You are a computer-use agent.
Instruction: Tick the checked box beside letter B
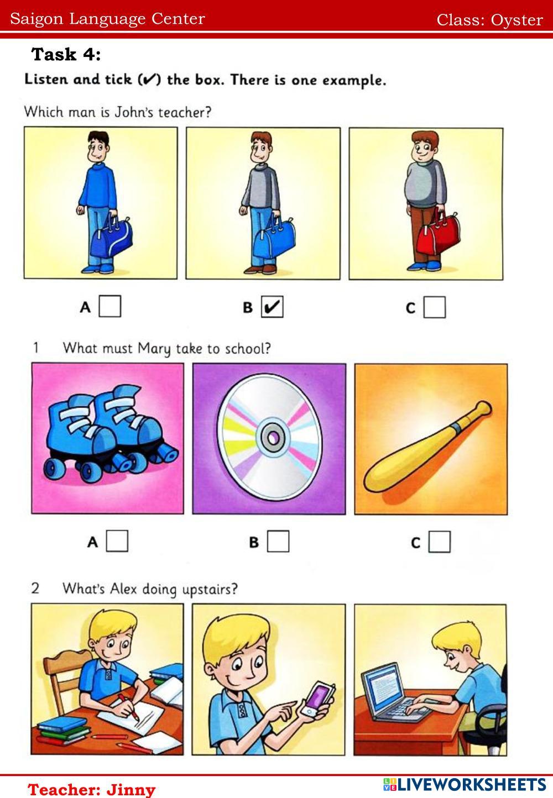272,306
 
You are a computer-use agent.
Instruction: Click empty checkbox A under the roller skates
117,541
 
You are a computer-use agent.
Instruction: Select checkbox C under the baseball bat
439,542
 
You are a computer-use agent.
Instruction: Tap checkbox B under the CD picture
278,541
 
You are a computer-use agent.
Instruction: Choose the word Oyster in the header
517,20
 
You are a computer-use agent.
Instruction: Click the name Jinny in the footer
131,790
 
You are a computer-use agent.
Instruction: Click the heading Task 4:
66,55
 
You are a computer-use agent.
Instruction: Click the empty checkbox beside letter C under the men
435,307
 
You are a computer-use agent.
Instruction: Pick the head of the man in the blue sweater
98,147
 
